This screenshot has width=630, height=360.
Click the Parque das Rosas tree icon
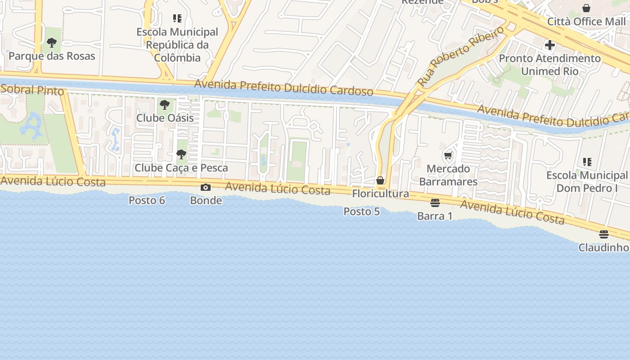coord(52,43)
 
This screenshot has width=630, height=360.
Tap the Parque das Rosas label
coord(52,56)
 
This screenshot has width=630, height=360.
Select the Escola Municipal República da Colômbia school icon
coord(177,18)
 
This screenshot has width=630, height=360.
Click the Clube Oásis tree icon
coord(165,105)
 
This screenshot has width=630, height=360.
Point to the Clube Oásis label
coord(165,118)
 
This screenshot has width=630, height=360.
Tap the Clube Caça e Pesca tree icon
coord(181,155)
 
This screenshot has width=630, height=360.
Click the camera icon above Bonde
coord(206,187)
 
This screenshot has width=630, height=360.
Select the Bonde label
coord(206,200)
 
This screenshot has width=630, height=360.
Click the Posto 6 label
coord(147,200)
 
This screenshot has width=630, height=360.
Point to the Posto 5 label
coord(361,211)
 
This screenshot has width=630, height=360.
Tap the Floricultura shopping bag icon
coord(380,180)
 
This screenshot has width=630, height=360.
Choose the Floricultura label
coord(380,193)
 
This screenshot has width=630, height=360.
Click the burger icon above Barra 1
coord(435,203)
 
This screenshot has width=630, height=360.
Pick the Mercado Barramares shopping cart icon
coord(448,156)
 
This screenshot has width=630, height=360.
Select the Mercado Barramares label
coord(448,175)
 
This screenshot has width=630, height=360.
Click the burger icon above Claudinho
coord(603,234)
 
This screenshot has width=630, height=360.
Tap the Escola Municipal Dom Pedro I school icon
coord(587,162)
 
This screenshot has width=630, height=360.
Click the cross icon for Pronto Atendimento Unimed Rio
coord(549,45)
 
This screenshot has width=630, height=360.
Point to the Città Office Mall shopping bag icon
coord(586,8)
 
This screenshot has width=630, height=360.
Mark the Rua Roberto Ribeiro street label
coord(461,57)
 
